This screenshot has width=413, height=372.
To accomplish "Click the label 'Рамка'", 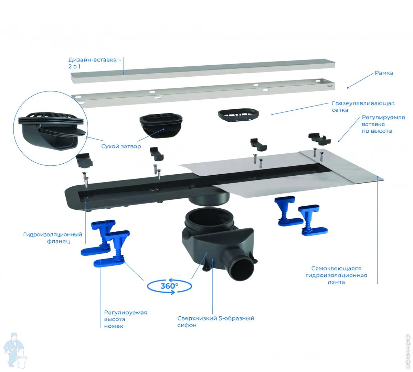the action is point(383,73).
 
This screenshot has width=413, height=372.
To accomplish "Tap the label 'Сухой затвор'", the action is point(121,146).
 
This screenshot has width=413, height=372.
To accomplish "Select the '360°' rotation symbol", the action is point(169,286).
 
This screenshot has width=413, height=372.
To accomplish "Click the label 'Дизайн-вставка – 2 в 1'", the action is point(95,63).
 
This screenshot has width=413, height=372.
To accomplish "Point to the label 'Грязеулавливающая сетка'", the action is point(363,107).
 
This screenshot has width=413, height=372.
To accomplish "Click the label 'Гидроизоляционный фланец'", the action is point(53,238).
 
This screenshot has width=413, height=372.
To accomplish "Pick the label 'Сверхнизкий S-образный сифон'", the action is point(215,321).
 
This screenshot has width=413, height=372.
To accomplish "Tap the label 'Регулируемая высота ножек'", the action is point(125,319).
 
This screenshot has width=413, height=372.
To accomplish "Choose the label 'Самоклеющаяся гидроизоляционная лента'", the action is point(336,275).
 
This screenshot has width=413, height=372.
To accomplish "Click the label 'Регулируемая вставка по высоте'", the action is point(383,124).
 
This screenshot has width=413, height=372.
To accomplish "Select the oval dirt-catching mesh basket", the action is point(239,116).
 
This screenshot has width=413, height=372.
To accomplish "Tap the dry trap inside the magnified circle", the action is point(52,131).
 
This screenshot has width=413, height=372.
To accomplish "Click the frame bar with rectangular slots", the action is point(203,93).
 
